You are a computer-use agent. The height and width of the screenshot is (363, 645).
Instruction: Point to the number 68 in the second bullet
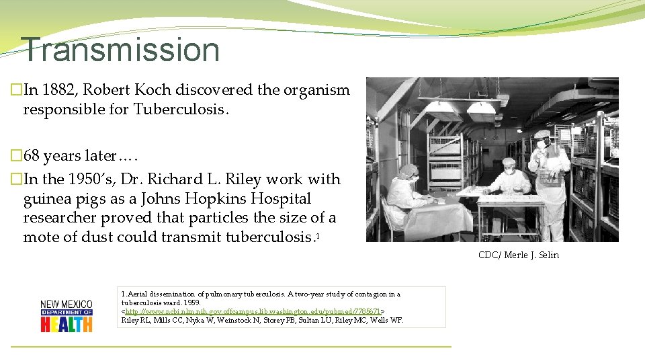(32, 156)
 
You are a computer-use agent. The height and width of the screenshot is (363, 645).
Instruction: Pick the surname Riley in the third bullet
(243, 179)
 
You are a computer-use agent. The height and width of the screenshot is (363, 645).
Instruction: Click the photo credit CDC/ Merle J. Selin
(518, 255)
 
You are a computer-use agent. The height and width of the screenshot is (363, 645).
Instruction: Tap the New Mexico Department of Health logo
(67, 315)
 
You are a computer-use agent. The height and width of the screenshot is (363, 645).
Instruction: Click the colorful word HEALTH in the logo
(67, 325)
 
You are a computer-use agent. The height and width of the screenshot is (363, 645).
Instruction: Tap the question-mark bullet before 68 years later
(16, 156)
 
